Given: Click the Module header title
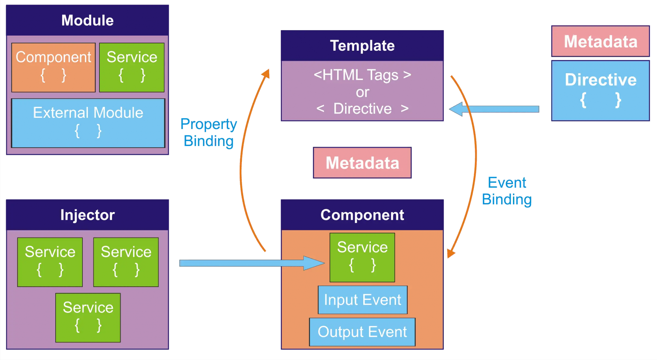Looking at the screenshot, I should click(x=87, y=21).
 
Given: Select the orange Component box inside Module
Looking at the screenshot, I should click(x=54, y=67).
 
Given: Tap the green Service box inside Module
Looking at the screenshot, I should click(x=132, y=67).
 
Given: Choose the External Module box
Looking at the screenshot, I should click(x=88, y=123).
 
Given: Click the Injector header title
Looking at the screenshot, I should click(x=87, y=215).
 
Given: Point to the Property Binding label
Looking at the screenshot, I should click(x=209, y=133).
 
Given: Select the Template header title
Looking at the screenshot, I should click(x=362, y=46).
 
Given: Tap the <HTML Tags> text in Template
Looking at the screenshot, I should click(x=362, y=75).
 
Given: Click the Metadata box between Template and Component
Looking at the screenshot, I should click(x=362, y=163).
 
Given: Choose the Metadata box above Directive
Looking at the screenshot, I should click(x=601, y=41).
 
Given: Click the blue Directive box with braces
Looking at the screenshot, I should click(x=601, y=91).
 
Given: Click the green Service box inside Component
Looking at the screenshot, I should click(x=362, y=257).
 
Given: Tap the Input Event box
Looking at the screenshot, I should click(x=363, y=300).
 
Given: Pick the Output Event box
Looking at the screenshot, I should click(x=362, y=332).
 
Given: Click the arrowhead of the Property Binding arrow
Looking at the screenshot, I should click(x=266, y=74).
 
